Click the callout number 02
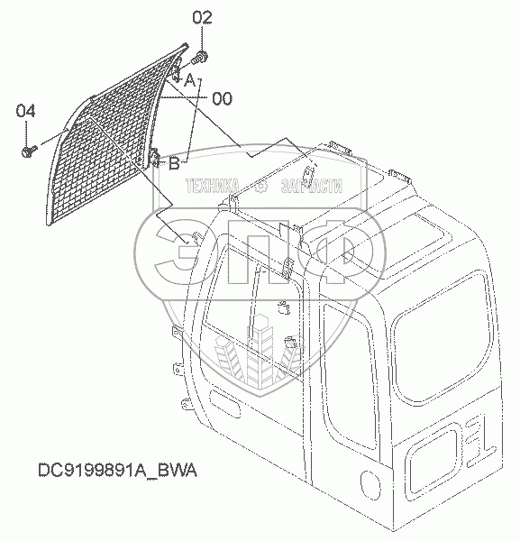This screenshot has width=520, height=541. tap(202, 18)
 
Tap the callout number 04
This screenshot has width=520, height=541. tap(25, 112)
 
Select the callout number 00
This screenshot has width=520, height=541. tap(222, 99)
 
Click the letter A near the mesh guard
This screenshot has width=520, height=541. tap(190, 81)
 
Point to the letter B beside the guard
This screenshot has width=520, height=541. tap(175, 163)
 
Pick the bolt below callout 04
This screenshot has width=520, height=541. tap(29, 151)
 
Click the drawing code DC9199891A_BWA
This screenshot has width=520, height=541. tap(117, 470)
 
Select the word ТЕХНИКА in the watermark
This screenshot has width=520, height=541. tap(213, 186)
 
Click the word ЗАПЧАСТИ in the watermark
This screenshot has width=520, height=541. tap(312, 186)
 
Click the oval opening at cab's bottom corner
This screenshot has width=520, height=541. tap(370, 485)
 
